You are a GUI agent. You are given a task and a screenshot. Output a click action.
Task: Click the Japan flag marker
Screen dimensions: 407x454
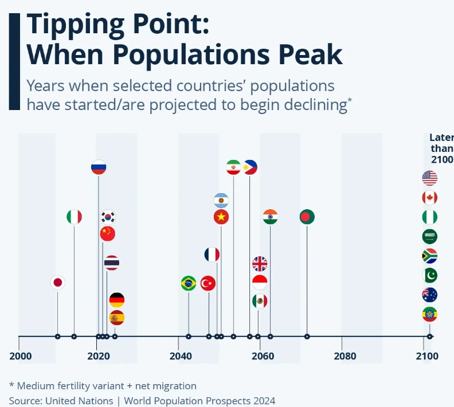pos(57,283)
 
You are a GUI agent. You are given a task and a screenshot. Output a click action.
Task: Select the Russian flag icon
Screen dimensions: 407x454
pos(99,167)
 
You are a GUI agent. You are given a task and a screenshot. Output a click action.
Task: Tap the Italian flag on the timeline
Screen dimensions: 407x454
pos(74,217)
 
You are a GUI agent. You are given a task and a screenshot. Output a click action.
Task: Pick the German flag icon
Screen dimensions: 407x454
pos(117,300)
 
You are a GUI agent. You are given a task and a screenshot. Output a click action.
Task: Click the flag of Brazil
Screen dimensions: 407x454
pos(188,283)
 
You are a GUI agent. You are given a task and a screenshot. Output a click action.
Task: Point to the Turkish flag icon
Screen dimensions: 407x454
pos(208,283)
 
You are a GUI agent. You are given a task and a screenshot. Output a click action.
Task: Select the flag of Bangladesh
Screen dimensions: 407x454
pos(307,217)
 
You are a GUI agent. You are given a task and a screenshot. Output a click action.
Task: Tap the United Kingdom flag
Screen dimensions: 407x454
pos(260,264)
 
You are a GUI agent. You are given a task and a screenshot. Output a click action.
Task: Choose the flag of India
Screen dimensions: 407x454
pos(271,217)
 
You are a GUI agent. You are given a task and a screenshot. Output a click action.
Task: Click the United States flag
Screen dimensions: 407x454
pos(429,178)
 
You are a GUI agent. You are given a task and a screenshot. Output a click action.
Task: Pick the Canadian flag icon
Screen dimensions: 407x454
pos(429,198)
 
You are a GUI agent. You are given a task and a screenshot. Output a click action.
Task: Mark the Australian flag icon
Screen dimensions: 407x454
pos(429,295)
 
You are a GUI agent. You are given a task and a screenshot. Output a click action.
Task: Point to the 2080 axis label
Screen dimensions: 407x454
pos(345,357)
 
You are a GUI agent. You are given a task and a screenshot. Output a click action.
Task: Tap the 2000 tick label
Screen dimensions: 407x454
pos(21,357)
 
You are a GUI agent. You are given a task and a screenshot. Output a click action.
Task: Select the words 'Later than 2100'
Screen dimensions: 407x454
pos(441,148)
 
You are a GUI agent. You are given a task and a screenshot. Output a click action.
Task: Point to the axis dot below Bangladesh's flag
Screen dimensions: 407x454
pos(307,336)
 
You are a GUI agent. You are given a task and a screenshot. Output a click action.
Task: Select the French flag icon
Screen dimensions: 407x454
pos(212,255)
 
